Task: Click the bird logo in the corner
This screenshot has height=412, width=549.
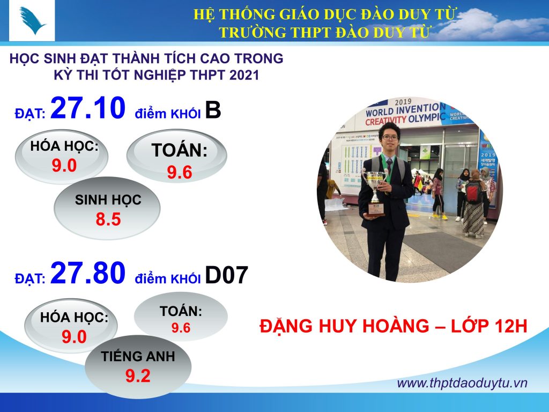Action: click(x=32, y=20)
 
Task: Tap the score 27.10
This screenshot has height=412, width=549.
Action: click(x=88, y=107)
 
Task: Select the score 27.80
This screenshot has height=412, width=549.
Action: click(x=88, y=273)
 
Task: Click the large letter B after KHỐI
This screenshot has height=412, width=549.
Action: click(x=213, y=109)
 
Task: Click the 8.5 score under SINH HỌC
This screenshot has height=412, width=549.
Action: click(x=108, y=219)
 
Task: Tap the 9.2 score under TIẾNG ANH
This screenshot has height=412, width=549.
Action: click(x=138, y=376)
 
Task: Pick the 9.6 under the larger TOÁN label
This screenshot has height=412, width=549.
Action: click(x=180, y=172)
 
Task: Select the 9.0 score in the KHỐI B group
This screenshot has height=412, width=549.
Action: click(x=64, y=165)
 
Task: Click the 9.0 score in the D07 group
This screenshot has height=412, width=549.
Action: click(x=74, y=337)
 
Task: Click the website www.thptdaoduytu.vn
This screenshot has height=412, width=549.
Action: click(x=462, y=383)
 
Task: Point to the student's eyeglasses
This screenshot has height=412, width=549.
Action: click(x=390, y=138)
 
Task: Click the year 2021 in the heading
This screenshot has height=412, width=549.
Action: click(x=244, y=75)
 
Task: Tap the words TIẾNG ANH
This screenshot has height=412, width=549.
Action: click(x=138, y=356)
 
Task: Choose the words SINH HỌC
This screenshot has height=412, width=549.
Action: click(x=108, y=200)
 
